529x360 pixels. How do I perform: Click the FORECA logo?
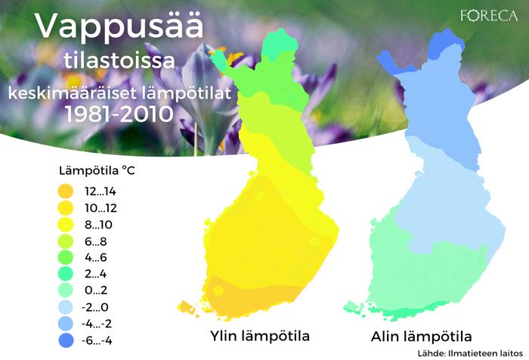tap(489, 16)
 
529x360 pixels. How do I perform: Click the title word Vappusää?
tap(119, 26)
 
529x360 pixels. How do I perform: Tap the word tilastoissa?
tap(119, 61)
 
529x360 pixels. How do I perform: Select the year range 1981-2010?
tap(119, 113)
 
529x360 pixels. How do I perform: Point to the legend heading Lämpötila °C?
tap(97, 170)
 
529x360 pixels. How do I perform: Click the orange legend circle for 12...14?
tap(66, 191)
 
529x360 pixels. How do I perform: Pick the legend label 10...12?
tap(101, 208)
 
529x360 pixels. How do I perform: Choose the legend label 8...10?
tap(98, 225)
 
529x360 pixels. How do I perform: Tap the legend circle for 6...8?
tap(66, 241)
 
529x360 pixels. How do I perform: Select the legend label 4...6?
tap(95, 258)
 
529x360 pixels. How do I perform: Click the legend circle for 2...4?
tap(66, 274)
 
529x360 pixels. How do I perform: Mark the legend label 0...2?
tap(95, 290)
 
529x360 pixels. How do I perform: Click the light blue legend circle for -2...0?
tap(66, 307)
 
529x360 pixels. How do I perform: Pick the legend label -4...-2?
tap(97, 324)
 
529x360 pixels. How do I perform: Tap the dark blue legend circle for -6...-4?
tap(66, 340)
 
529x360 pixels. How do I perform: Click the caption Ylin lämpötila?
tap(260, 336)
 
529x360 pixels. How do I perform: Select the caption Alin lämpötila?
tap(421, 337)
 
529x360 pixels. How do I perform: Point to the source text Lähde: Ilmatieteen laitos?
tap(470, 353)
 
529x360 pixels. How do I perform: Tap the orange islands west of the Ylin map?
tap(186, 308)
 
